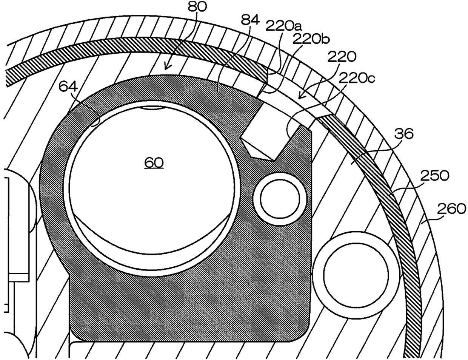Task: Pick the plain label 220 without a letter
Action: tap(342, 57)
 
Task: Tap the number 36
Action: tap(403, 133)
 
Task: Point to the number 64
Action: tap(68, 88)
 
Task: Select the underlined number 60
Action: tap(154, 163)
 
